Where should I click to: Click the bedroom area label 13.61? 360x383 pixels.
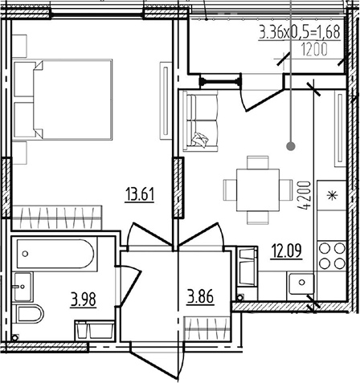(140, 194)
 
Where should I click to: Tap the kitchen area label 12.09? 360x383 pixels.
(287, 251)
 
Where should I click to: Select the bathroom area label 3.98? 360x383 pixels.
(84, 299)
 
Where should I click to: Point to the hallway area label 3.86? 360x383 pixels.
(200, 296)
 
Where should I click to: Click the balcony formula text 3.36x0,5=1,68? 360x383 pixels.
(300, 32)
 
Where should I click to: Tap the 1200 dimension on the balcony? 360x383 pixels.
(314, 50)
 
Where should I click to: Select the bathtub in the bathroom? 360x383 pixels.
(55, 254)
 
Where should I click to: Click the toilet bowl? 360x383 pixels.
(30, 314)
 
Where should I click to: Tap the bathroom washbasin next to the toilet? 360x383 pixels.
(23, 287)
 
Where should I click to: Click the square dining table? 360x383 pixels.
(258, 189)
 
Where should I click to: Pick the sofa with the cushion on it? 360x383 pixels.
(200, 120)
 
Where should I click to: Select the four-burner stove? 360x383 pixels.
(332, 256)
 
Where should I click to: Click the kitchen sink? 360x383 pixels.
(301, 283)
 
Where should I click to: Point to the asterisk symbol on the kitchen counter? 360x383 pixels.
(333, 195)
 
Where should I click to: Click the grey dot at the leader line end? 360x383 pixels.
(291, 146)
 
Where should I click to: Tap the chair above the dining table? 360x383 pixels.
(258, 162)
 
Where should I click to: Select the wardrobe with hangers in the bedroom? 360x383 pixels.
(57, 218)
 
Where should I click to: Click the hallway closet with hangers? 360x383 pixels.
(208, 328)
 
